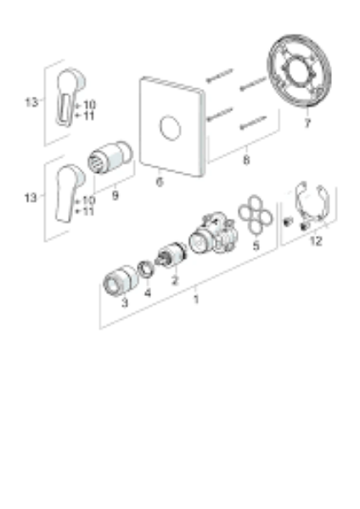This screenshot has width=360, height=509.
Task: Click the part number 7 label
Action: [307, 123]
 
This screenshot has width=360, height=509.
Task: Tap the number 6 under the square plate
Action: [160, 182]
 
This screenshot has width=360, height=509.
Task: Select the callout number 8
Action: [246, 159]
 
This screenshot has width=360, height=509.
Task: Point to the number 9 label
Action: [115, 195]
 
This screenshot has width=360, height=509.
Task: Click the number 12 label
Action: [316, 241]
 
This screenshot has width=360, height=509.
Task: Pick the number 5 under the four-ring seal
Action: [256, 246]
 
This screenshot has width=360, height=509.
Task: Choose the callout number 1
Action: [196, 299]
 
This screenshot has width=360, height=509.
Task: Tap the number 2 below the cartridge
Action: [175, 280]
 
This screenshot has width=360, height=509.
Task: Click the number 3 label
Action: [125, 303]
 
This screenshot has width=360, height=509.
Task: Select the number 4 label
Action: [148, 293]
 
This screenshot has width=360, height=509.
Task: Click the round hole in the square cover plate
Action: [171, 128]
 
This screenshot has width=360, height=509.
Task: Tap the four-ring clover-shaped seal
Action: [256, 215]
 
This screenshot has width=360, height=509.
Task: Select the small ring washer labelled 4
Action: [146, 269]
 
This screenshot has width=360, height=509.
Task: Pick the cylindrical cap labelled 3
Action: [120, 281]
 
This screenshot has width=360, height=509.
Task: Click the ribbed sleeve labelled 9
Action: [110, 158]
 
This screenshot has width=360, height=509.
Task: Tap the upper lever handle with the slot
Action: [70, 97]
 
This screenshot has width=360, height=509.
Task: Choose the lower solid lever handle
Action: [70, 193]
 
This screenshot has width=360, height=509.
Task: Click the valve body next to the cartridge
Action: [213, 232]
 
